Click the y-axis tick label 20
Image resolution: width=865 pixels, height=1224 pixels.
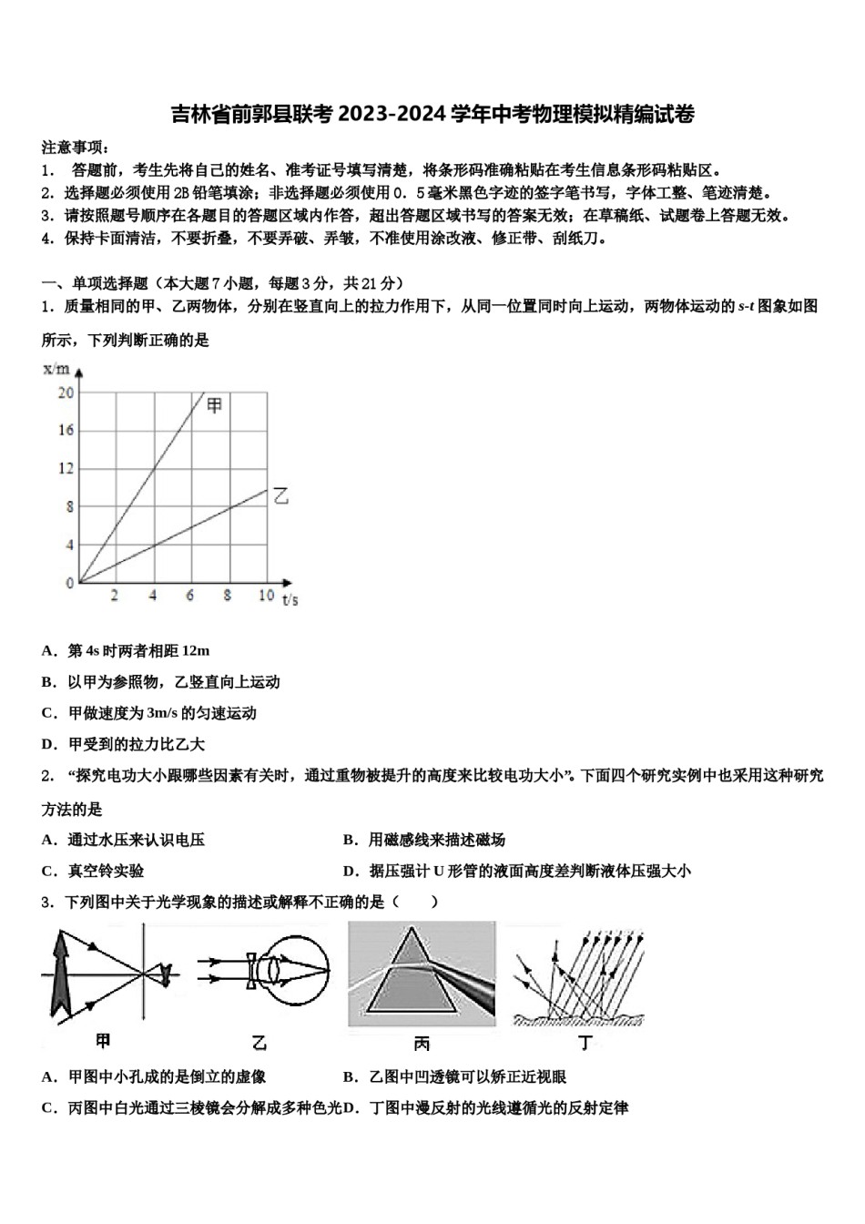pyautogui.click(x=66, y=393)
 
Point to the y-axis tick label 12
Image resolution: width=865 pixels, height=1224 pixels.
pyautogui.click(x=66, y=468)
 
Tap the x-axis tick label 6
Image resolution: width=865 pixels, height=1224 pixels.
pyautogui.click(x=190, y=596)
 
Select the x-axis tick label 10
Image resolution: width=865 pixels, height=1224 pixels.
pyautogui.click(x=266, y=596)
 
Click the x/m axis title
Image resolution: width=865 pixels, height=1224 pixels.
pyautogui.click(x=56, y=369)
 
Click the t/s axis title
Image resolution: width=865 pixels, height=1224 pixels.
pyautogui.click(x=290, y=599)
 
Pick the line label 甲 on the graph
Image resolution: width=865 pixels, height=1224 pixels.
pyautogui.click(x=215, y=405)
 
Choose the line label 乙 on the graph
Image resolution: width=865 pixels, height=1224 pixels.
pyautogui.click(x=280, y=496)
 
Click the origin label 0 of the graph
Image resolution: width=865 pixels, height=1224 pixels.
pyautogui.click(x=69, y=583)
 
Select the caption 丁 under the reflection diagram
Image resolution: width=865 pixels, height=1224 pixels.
pyautogui.click(x=585, y=1041)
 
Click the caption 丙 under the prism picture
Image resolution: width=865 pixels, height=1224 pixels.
pyautogui.click(x=422, y=1043)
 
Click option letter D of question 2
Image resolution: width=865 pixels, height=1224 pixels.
pyautogui.click(x=350, y=871)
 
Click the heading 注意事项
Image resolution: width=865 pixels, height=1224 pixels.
pyautogui.click(x=75, y=148)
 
